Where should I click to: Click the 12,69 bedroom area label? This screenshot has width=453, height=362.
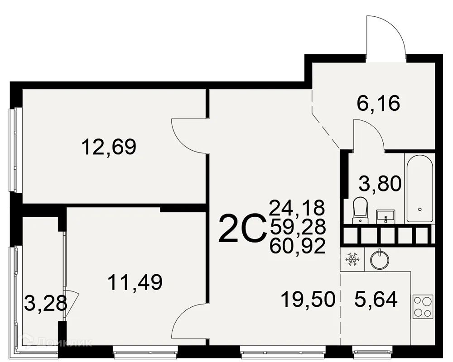click(109, 147)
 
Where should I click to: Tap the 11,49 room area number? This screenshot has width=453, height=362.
click(135, 282)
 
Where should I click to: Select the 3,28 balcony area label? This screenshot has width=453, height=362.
click(46, 303)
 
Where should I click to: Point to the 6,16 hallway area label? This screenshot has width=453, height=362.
click(378, 103)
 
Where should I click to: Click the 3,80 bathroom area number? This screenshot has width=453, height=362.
click(380, 184)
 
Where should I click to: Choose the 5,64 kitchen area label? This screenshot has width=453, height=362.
click(376, 300)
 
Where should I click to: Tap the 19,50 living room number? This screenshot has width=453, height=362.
click(308, 300)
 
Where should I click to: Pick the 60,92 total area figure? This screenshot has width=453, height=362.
click(297, 246)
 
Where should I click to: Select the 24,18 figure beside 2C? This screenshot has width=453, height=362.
click(297, 208)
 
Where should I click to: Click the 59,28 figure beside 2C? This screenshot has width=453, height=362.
click(298, 227)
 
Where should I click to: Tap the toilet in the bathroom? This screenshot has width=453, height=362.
click(360, 210)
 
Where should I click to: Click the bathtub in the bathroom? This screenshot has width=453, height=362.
click(420, 188)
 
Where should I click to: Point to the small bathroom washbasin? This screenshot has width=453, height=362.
click(386, 216)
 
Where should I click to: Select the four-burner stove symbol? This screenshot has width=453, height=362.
click(423, 307)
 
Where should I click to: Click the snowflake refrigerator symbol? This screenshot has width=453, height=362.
click(352, 259)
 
